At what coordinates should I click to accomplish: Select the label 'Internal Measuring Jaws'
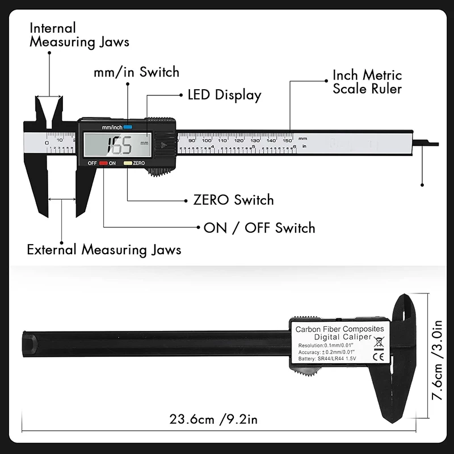[79, 35]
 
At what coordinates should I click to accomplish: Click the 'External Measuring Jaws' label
[104, 249]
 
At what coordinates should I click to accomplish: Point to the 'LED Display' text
[224, 95]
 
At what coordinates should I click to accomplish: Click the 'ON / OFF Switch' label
[259, 228]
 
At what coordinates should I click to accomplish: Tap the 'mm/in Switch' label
[136, 72]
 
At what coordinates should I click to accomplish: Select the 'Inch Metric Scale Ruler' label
[367, 82]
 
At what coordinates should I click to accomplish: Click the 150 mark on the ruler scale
[288, 140]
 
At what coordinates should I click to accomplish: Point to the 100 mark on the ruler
[207, 140]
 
